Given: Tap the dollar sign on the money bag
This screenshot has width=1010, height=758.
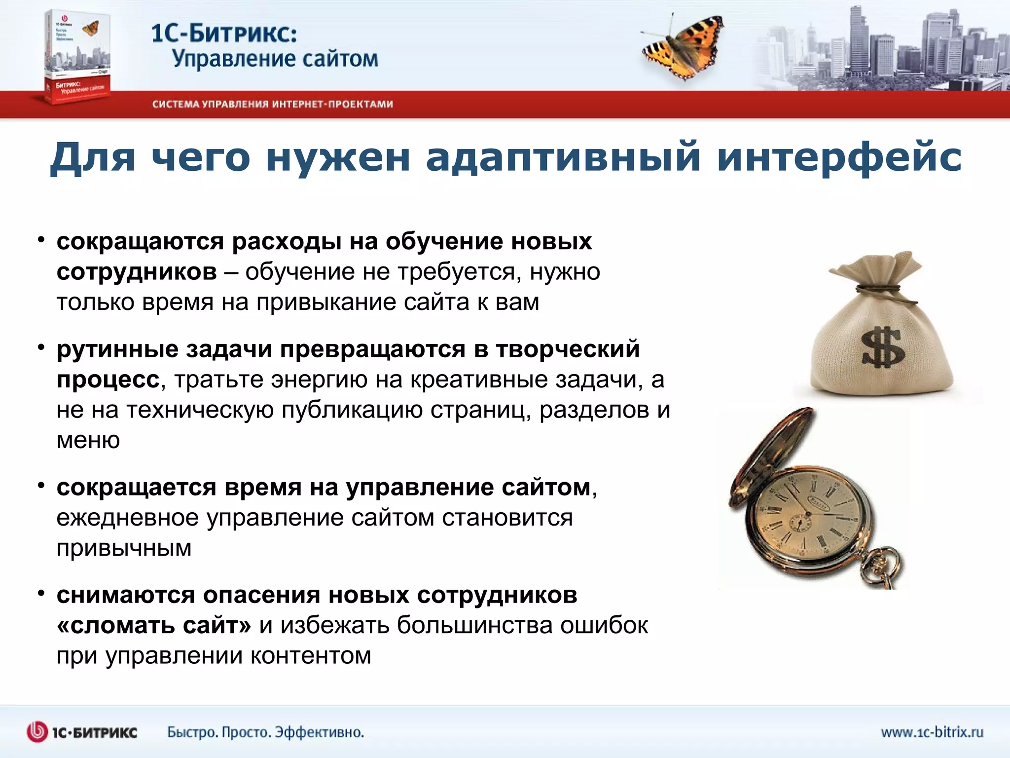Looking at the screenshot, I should point(882,348).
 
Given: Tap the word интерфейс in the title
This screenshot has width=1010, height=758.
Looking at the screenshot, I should point(838,157).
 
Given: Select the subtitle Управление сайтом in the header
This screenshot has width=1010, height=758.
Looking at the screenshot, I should point(275,59).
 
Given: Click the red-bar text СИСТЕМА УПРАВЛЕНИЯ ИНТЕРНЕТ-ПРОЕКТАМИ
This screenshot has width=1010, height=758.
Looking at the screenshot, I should point(272,104).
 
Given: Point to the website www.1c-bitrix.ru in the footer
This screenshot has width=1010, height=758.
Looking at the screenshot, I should point(932,732).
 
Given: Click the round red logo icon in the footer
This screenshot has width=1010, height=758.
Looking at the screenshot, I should point(37,732).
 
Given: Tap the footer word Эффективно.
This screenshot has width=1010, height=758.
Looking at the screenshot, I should point(319,732).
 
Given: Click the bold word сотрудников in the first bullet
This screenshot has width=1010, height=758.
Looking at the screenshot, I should point(137,272).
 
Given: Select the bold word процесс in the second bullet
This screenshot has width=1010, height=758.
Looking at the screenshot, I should point(108,380).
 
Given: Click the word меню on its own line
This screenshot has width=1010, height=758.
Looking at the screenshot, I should point(88,440).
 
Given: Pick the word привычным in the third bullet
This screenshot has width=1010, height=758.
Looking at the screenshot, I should point(124,548).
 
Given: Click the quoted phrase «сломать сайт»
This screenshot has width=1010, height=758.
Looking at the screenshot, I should point(154,626).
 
